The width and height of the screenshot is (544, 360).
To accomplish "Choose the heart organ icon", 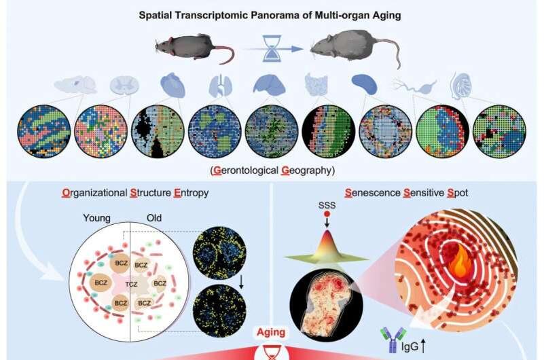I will pos(169,86).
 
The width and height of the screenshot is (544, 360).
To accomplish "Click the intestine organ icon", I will pos(315,86).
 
